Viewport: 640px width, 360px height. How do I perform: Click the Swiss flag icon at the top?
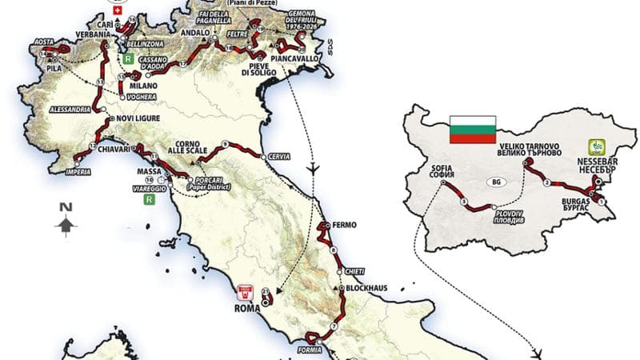pyautogui.click(x=119, y=14)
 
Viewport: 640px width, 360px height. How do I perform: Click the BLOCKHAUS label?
pyautogui.click(x=364, y=288)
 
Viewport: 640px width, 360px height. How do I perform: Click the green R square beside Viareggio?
pyautogui.click(x=148, y=202)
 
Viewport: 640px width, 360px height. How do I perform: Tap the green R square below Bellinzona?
pyautogui.click(x=126, y=58)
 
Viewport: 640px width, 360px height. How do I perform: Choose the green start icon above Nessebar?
pyautogui.click(x=597, y=146)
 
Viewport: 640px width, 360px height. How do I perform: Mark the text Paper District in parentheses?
pyautogui.click(x=209, y=187)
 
